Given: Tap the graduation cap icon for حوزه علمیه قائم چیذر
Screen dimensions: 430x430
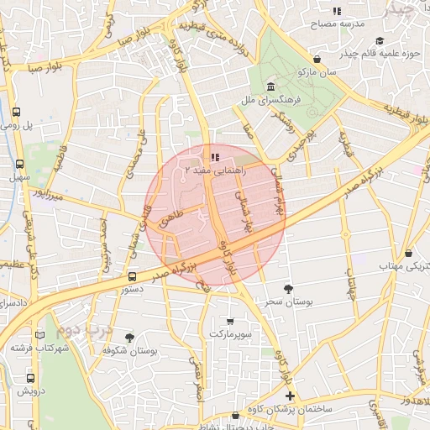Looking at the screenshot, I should point(380,40).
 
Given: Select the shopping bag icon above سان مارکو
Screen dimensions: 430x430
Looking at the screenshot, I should point(317,59).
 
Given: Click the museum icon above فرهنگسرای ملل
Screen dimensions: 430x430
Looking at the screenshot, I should point(270,88).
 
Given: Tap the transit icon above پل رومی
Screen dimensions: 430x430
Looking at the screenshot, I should point(18,112).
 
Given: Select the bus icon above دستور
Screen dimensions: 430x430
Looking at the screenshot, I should point(132,275).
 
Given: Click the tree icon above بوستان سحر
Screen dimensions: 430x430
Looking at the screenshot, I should point(289,288).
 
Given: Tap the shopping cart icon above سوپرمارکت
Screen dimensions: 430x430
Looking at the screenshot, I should point(231,321).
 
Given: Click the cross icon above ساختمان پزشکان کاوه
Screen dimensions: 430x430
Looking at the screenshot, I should point(291,396).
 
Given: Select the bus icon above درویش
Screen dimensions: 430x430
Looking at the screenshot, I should point(19,378).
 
